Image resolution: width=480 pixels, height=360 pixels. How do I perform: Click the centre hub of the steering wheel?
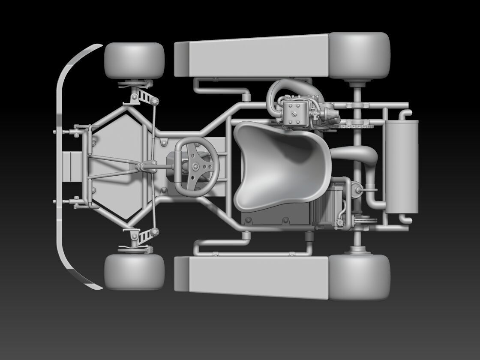point(195,166)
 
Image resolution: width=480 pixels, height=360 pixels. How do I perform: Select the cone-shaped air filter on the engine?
point(331,114)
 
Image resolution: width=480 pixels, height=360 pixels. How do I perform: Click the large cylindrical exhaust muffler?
point(402,166)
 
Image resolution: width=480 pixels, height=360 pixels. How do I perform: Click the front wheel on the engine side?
point(134,61)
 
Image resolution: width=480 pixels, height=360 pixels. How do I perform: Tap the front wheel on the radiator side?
point(134,271)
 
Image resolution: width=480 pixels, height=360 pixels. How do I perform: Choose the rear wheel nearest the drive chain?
point(360,56)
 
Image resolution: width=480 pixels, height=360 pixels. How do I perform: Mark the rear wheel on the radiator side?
point(360,276)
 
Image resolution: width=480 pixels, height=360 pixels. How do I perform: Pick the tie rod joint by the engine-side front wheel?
point(154,101)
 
